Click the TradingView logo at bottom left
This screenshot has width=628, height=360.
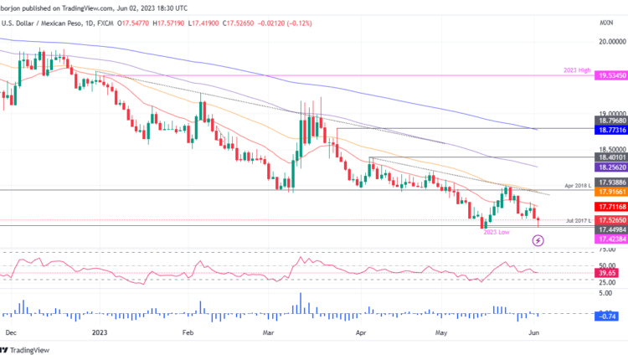(27, 350)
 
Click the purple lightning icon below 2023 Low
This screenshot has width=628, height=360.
(538, 240)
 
